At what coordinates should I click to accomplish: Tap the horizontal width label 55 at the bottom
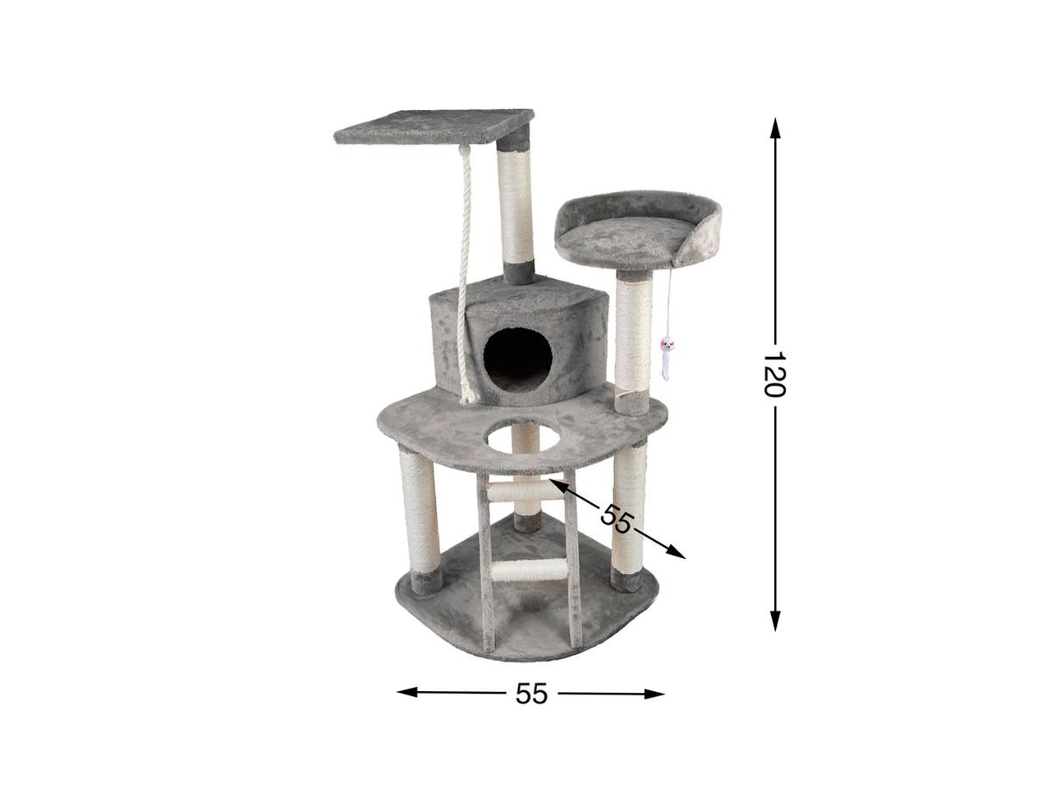[530, 694]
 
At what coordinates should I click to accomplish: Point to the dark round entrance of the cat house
[517, 354]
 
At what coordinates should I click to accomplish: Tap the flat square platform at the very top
[434, 126]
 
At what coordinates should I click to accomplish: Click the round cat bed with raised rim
[637, 230]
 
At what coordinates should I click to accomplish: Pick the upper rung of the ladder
[520, 490]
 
